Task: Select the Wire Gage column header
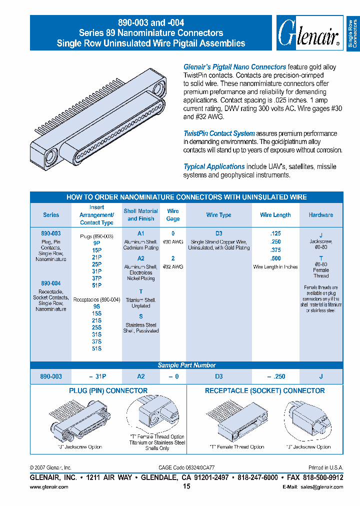coord(173,215)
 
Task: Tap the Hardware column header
coord(321,215)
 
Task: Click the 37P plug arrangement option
coord(96,278)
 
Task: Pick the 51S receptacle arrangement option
coord(96,348)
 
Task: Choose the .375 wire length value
coord(275,250)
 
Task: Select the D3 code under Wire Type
coord(218,233)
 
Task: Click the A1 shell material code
coord(141,233)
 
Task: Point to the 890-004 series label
coord(50,283)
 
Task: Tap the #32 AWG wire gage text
coord(173,266)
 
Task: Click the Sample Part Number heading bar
coord(186,365)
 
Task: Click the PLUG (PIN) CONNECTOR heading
coord(108,390)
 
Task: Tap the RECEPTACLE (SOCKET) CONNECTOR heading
coord(264,390)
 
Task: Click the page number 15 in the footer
coord(186,486)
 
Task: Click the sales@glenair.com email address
coord(320,486)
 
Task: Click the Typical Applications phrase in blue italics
coord(214,166)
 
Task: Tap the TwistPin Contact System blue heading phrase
coord(219,133)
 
